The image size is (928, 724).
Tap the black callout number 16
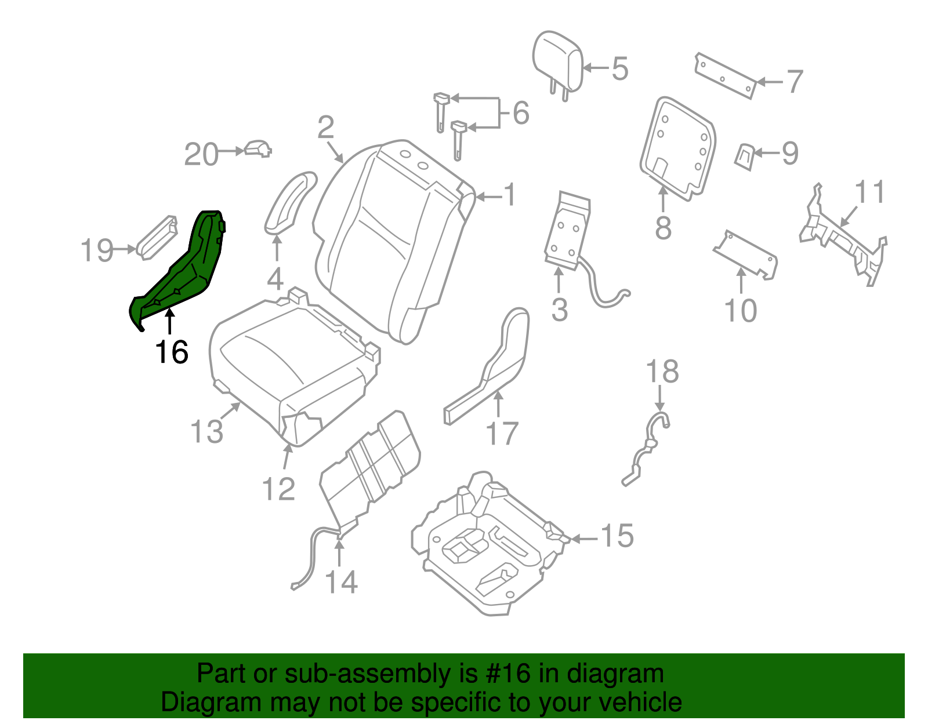click(172, 352)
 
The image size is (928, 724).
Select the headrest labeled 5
click(557, 61)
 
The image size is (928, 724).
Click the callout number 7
click(795, 82)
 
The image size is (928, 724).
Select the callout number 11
click(870, 192)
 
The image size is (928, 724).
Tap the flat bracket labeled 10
click(745, 255)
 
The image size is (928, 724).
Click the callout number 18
click(662, 372)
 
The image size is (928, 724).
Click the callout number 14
click(341, 581)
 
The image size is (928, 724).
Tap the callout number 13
click(207, 432)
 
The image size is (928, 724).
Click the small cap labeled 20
click(258, 149)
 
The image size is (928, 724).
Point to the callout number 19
click(97, 250)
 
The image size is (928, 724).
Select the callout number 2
click(326, 127)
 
